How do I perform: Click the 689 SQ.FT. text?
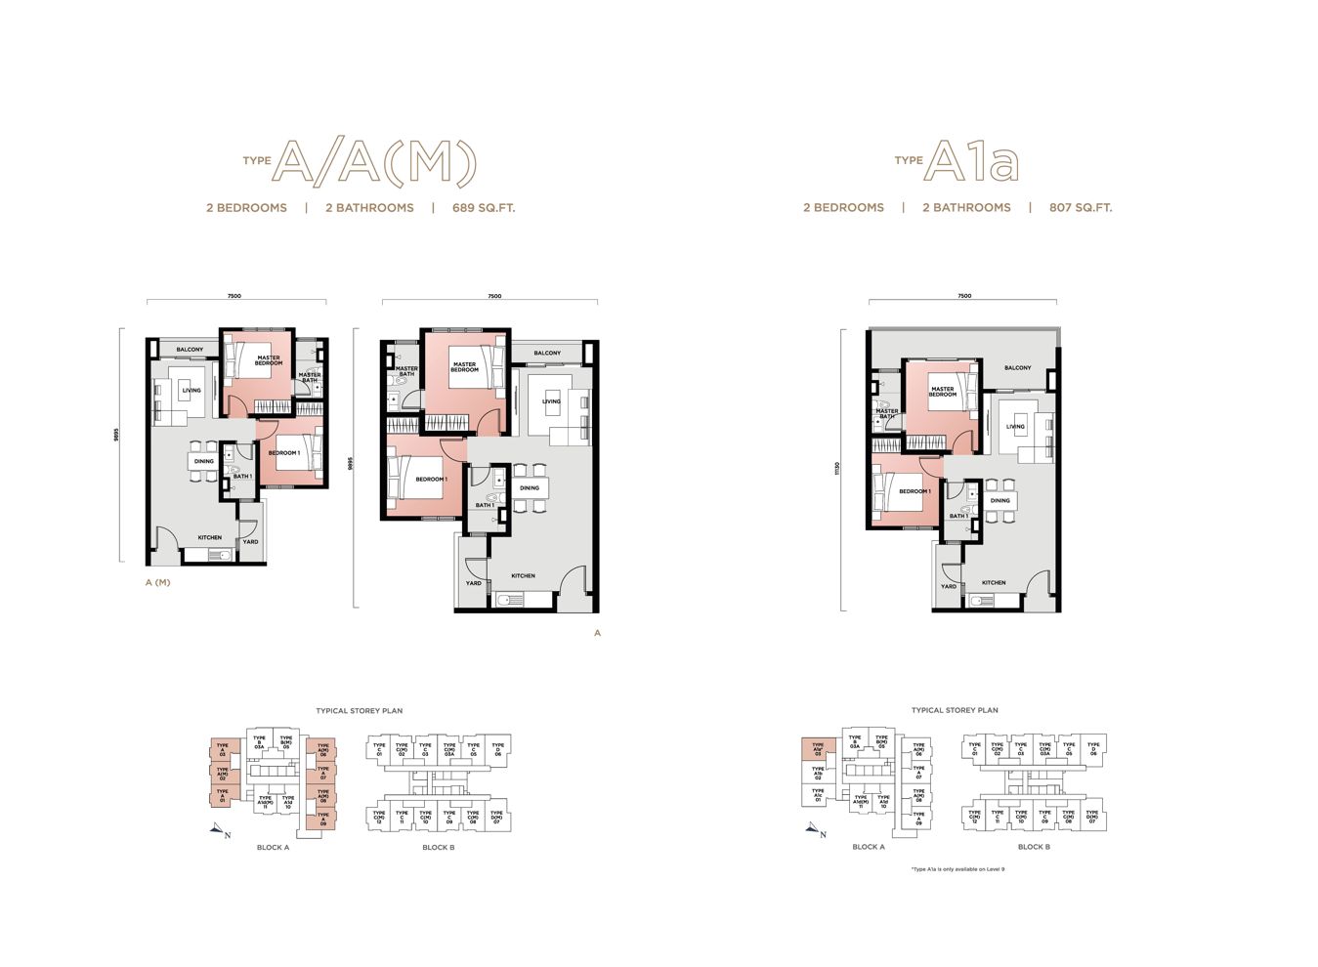tap(483, 208)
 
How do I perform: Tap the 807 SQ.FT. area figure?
tap(1080, 208)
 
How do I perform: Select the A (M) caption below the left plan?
tap(157, 583)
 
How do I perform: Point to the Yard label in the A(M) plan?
tap(251, 541)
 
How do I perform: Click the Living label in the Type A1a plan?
tap(1016, 427)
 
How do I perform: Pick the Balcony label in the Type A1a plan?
tap(1017, 368)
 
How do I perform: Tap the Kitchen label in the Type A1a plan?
tap(994, 583)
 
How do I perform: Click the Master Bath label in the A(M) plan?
tap(309, 377)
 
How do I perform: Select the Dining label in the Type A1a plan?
tap(999, 501)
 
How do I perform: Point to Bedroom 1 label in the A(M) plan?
tap(284, 453)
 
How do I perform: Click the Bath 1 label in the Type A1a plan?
tap(958, 517)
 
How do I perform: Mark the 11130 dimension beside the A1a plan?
tap(837, 469)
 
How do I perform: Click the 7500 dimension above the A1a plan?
tap(964, 296)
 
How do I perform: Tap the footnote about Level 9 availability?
tap(957, 868)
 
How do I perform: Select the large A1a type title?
tap(971, 161)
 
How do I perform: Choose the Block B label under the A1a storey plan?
tap(1034, 847)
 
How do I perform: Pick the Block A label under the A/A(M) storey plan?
tap(273, 848)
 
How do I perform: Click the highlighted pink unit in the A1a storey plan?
tap(818, 749)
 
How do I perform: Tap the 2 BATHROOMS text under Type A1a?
tap(966, 208)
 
